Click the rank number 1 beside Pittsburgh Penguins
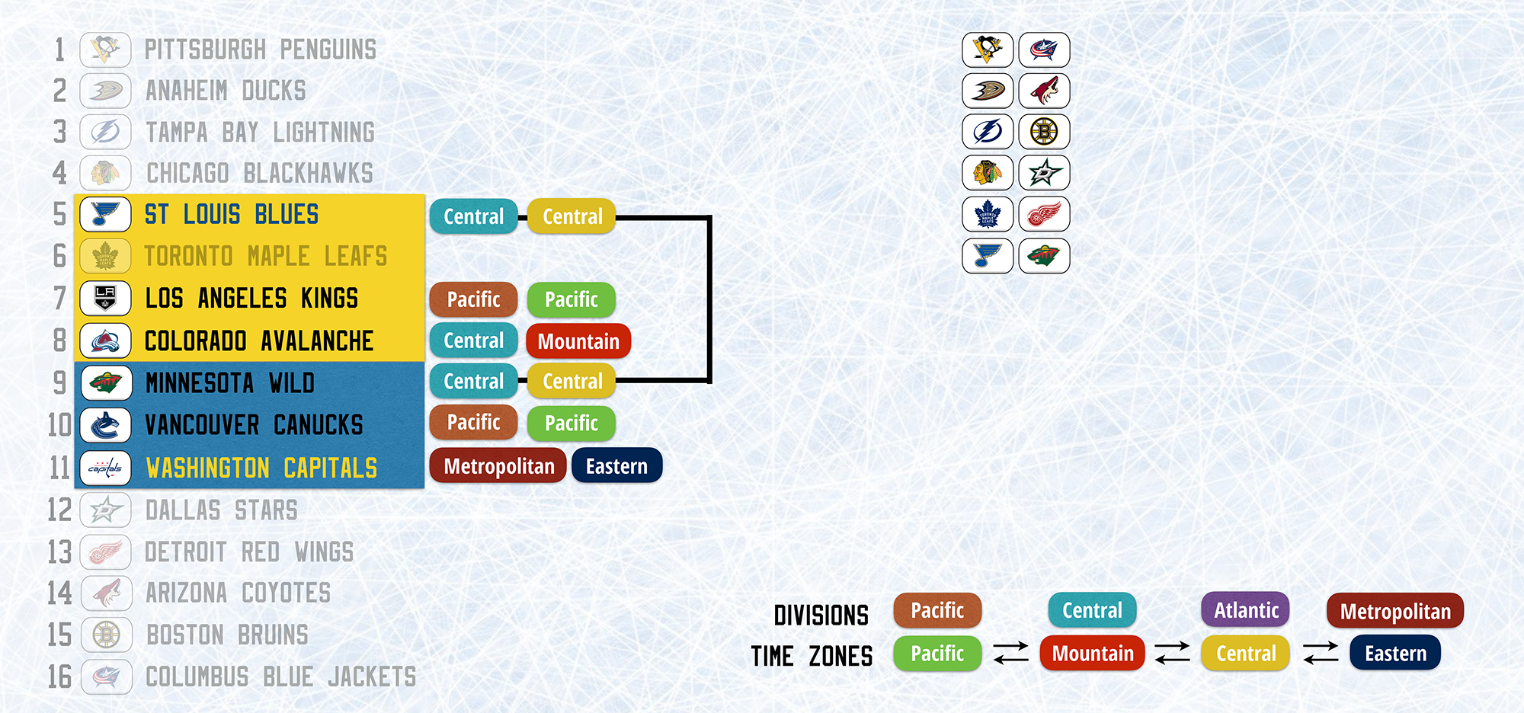pyautogui.click(x=59, y=50)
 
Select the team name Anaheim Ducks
pyautogui.click(x=226, y=91)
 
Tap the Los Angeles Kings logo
pyautogui.click(x=105, y=299)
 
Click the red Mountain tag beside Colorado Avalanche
pyautogui.click(x=578, y=341)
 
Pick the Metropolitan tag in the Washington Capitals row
pyautogui.click(x=498, y=465)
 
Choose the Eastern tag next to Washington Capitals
pyautogui.click(x=616, y=465)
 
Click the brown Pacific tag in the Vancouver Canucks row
pyautogui.click(x=473, y=422)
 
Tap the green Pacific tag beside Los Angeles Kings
pyautogui.click(x=571, y=299)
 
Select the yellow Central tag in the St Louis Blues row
pyautogui.click(x=572, y=216)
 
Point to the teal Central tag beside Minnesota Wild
pyautogui.click(x=473, y=381)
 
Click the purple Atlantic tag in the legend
pyautogui.click(x=1246, y=610)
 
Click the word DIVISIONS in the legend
pyautogui.click(x=821, y=615)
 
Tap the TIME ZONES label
pyautogui.click(x=812, y=656)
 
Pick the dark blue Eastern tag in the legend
pyautogui.click(x=1395, y=653)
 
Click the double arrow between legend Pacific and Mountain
pyautogui.click(x=1011, y=653)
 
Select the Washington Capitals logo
pyautogui.click(x=105, y=468)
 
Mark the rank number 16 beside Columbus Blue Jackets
pyautogui.click(x=59, y=676)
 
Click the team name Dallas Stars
pyautogui.click(x=222, y=510)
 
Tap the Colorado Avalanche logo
pyautogui.click(x=105, y=341)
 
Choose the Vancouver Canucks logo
pyautogui.click(x=105, y=425)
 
